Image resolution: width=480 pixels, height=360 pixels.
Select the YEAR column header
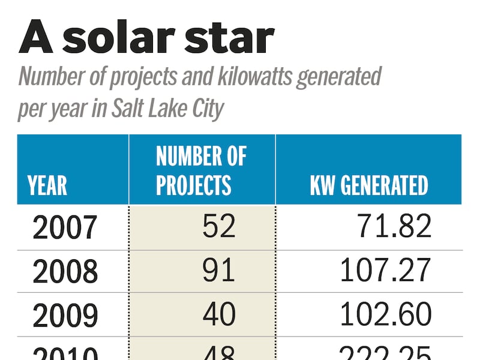(47, 185)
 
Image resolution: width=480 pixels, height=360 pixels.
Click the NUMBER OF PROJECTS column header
(201, 170)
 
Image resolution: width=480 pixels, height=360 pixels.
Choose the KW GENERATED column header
(369, 185)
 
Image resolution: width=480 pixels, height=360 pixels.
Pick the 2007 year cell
(65, 227)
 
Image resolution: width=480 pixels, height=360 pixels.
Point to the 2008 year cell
(65, 271)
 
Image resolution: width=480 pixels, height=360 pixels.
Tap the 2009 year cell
(65, 314)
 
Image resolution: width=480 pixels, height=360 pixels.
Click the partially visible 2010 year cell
(65, 353)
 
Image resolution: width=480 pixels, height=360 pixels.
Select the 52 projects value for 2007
(218, 227)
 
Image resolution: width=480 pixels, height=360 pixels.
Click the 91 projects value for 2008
(218, 271)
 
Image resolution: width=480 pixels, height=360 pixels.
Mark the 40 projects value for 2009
(218, 314)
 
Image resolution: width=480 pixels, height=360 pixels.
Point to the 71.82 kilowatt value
(394, 227)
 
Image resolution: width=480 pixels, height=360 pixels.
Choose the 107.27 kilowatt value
(386, 271)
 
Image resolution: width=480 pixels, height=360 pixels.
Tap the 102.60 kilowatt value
(386, 314)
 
